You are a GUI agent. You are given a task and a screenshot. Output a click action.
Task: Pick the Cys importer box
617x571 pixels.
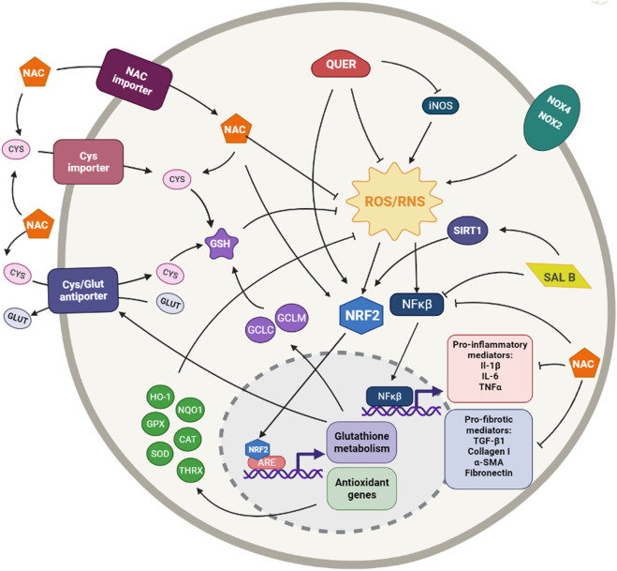click(x=88, y=162)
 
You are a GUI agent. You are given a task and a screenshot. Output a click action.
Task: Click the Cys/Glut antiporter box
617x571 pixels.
click(x=86, y=286)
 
